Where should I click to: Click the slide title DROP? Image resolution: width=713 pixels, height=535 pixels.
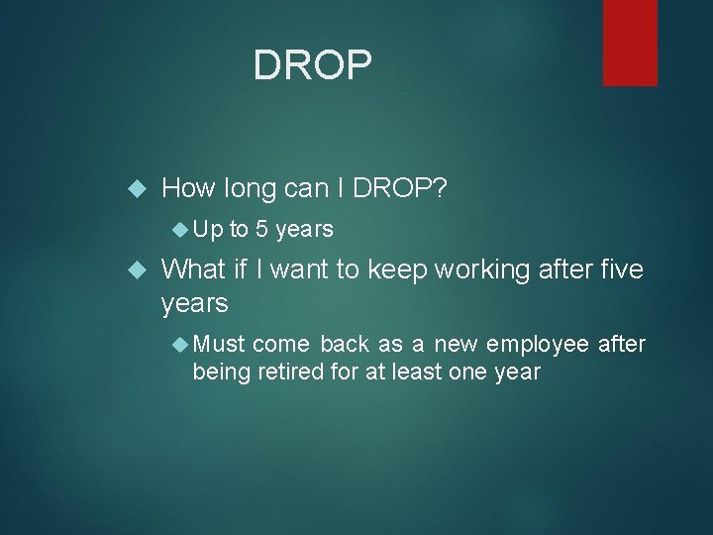click(313, 65)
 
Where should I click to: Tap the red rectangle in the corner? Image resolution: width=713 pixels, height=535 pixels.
click(630, 42)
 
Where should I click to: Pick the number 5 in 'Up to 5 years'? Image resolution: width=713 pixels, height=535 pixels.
click(261, 230)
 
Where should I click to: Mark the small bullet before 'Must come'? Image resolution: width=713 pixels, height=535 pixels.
click(180, 344)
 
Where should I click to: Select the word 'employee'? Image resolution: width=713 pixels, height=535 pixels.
click(541, 344)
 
